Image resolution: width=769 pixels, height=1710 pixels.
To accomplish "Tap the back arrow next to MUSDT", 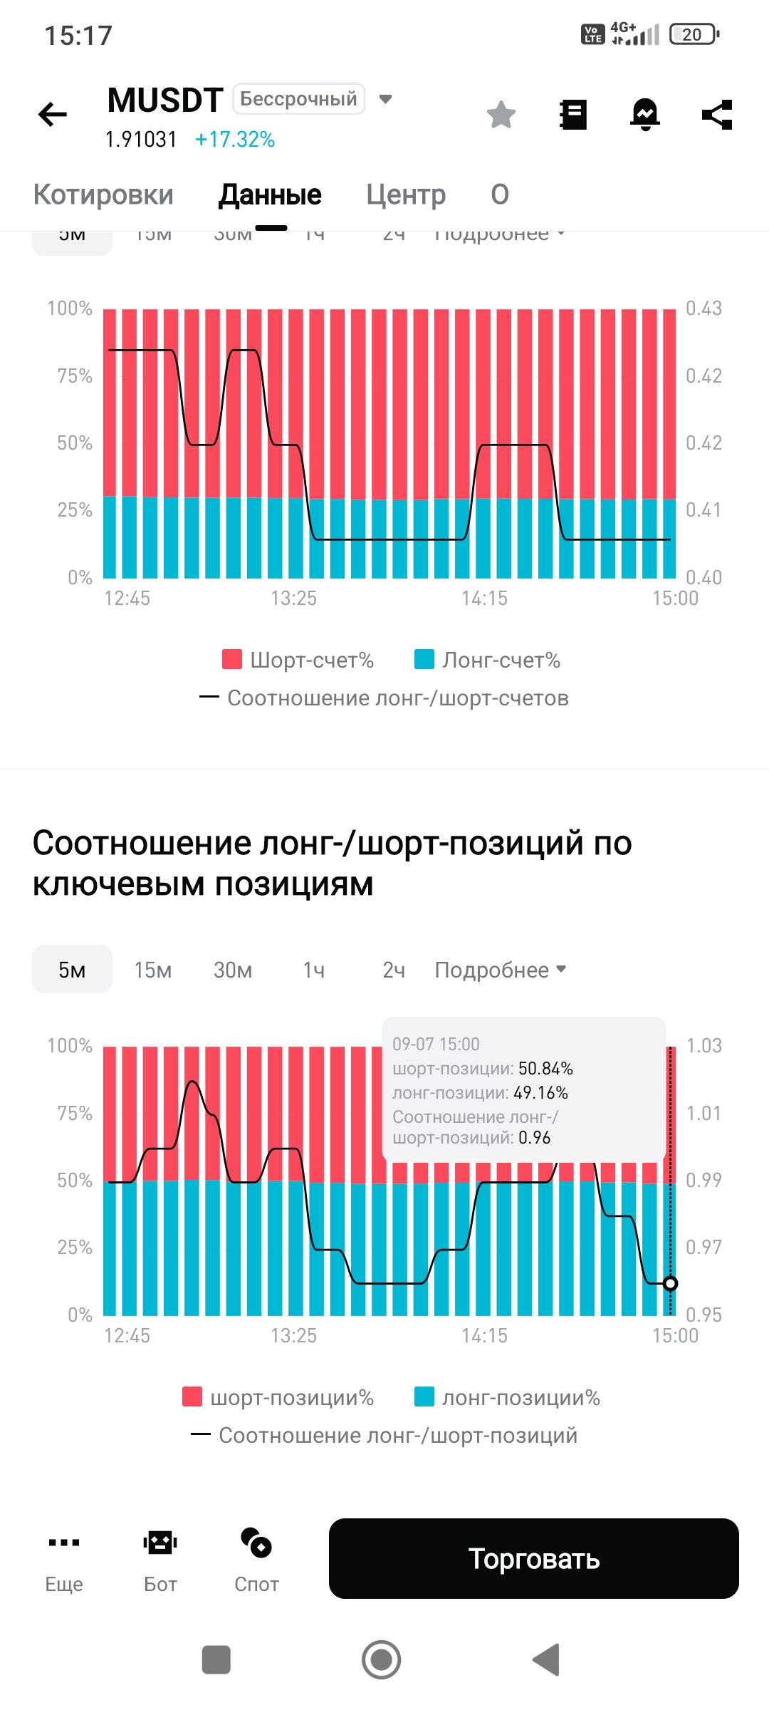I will (x=53, y=114).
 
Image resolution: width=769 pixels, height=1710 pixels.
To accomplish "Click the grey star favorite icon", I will (x=501, y=115).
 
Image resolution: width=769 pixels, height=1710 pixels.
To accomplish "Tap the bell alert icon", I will (x=645, y=115).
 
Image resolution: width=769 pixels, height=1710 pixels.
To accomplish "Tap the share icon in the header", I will (x=717, y=115).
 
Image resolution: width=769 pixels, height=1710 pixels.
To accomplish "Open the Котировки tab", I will (x=103, y=195).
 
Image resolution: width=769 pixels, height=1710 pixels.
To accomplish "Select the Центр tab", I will (x=406, y=195).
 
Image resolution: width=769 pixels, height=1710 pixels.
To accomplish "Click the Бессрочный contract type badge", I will (x=299, y=99).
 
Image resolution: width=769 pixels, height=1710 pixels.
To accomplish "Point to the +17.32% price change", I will (x=235, y=139).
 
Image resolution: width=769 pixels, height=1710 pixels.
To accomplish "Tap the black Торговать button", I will (x=533, y=1559).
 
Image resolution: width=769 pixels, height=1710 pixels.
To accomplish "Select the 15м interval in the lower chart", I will (x=153, y=970).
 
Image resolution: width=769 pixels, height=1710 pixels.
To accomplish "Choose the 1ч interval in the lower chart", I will (x=314, y=970).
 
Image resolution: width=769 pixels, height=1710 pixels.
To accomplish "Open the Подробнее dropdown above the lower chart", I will (x=500, y=970).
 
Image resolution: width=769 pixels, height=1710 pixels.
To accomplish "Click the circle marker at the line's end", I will (x=670, y=1283).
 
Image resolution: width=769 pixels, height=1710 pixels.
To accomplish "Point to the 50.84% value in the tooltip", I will (x=545, y=1069).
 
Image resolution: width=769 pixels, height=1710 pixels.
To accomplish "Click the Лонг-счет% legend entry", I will (x=488, y=660).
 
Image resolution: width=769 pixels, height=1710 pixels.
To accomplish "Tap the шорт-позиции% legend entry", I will (x=278, y=1397).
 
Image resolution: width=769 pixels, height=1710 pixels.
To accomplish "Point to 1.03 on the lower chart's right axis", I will (x=703, y=1045).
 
